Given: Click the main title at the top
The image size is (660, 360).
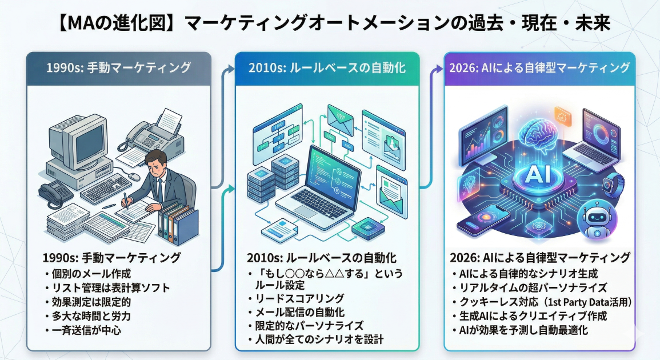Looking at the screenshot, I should [330, 23].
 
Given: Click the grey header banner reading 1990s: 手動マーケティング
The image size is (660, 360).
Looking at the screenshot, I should [119, 68].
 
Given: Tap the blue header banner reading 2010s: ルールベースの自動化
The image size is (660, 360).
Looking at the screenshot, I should [327, 68].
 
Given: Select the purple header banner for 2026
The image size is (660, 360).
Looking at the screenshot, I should [539, 68].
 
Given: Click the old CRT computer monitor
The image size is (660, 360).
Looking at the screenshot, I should [71, 137].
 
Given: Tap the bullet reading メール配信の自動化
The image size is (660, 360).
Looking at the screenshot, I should [303, 312].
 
